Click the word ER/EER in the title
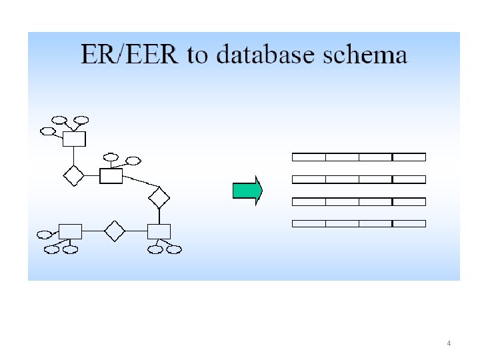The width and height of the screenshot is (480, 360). coord(129,54)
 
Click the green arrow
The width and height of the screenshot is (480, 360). coord(247,191)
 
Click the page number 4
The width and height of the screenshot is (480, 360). coord(449,343)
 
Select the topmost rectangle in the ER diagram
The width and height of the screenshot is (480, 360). coord(74,139)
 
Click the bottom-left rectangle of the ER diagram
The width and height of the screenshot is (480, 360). coord(70,231)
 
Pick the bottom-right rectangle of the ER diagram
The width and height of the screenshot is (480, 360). coord(159,231)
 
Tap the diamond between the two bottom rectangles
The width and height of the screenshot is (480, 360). coord(115,231)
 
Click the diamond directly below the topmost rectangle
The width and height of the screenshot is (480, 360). coord(73,176)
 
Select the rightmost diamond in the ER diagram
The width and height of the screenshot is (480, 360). coord(159,197)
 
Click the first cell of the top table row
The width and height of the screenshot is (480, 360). coord(309,157)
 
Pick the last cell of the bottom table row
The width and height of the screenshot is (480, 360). coord(409,223)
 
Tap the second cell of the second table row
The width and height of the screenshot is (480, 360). coord(342,179)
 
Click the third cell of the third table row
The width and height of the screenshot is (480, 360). coord(375,201)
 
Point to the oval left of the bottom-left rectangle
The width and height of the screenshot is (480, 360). coord(45,235)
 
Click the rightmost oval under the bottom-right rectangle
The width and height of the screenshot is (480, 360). coord(174,250)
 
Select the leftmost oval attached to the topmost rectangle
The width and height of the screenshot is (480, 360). coord(48,131)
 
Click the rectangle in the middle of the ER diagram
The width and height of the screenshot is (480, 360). coord(111,176)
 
